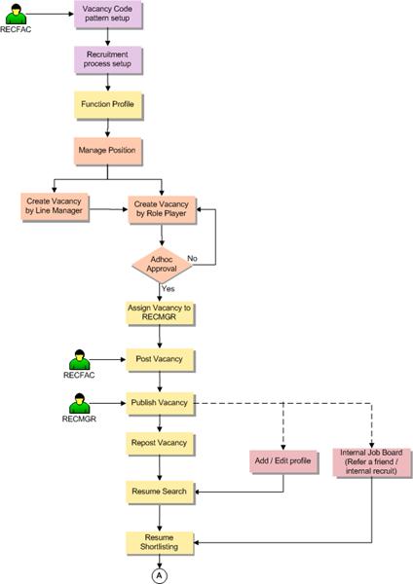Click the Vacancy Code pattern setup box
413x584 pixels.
pyautogui.click(x=108, y=15)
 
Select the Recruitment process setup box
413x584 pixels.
pyautogui.click(x=108, y=59)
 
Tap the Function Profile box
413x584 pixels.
pyautogui.click(x=108, y=105)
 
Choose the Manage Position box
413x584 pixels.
pyautogui.click(x=108, y=151)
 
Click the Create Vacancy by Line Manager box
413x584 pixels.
pyautogui.click(x=55, y=206)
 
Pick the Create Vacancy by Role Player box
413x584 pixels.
pyautogui.click(x=162, y=209)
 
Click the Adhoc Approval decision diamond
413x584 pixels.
pyautogui.click(x=162, y=265)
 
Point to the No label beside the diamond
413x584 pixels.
pyautogui.click(x=192, y=258)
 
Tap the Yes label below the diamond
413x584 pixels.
pyautogui.click(x=169, y=289)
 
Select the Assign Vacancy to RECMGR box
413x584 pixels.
pyautogui.click(x=160, y=312)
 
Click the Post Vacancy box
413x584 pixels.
pyautogui.click(x=160, y=360)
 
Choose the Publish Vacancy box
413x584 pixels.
pyautogui.click(x=160, y=403)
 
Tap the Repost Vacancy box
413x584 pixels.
pyautogui.click(x=160, y=443)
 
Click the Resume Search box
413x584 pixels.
pyautogui.click(x=160, y=492)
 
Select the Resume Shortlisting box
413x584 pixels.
pyautogui.click(x=160, y=543)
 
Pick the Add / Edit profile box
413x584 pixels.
pyautogui.click(x=283, y=461)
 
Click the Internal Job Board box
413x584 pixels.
pyautogui.click(x=371, y=461)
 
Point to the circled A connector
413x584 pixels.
pyautogui.click(x=159, y=576)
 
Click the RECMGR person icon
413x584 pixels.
pyautogui.click(x=80, y=403)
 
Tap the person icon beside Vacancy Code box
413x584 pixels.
pyautogui.click(x=16, y=15)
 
